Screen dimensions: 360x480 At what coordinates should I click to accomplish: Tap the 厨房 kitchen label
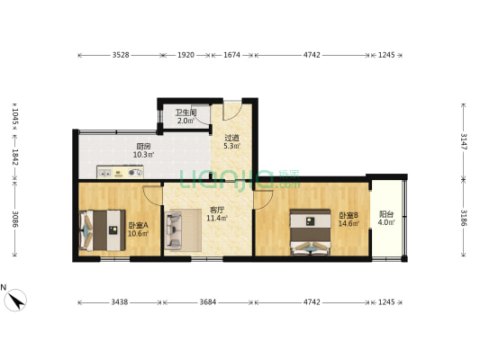[x=143, y=146]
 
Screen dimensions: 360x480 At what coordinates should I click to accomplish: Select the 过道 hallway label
[x=231, y=137]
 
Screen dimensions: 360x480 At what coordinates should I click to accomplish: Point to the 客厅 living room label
[x=215, y=210]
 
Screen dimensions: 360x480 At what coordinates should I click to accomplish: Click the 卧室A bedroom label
[x=138, y=225]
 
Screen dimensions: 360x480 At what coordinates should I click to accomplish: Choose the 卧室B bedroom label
[x=349, y=215]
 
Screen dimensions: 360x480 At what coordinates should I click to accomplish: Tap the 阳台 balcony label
[x=385, y=215]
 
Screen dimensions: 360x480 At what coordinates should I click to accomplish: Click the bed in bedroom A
[x=101, y=229]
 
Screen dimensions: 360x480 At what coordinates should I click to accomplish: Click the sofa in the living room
[x=177, y=229]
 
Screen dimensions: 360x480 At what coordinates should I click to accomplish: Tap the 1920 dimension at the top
[x=186, y=56]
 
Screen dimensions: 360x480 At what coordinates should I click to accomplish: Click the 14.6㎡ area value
[x=349, y=224]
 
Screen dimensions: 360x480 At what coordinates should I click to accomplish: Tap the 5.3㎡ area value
[x=231, y=146]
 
